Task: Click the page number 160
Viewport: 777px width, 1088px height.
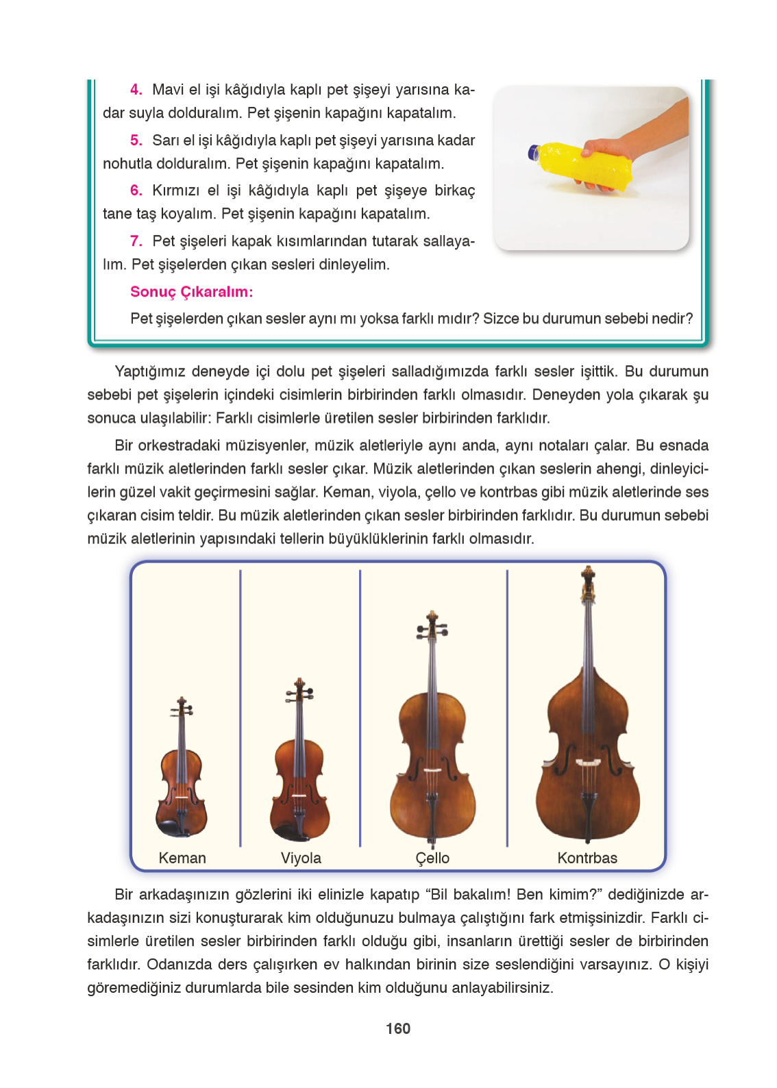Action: tap(397, 1028)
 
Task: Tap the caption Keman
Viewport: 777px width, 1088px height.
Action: tap(182, 858)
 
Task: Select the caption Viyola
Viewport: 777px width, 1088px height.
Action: tap(300, 858)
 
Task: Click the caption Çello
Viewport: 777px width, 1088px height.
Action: tap(432, 858)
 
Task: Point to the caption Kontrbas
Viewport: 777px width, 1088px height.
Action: tap(587, 858)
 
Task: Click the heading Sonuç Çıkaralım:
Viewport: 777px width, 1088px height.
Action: tap(191, 292)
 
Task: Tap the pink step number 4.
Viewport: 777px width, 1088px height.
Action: tap(136, 90)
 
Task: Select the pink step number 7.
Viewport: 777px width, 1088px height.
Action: tap(136, 241)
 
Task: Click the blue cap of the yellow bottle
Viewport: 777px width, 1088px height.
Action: tap(533, 152)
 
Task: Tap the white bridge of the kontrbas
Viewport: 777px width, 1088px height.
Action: tap(588, 762)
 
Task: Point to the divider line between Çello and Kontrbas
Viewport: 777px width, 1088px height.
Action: tap(507, 706)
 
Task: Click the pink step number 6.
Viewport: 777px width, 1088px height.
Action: tap(136, 190)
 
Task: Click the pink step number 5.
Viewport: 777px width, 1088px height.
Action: tap(136, 140)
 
